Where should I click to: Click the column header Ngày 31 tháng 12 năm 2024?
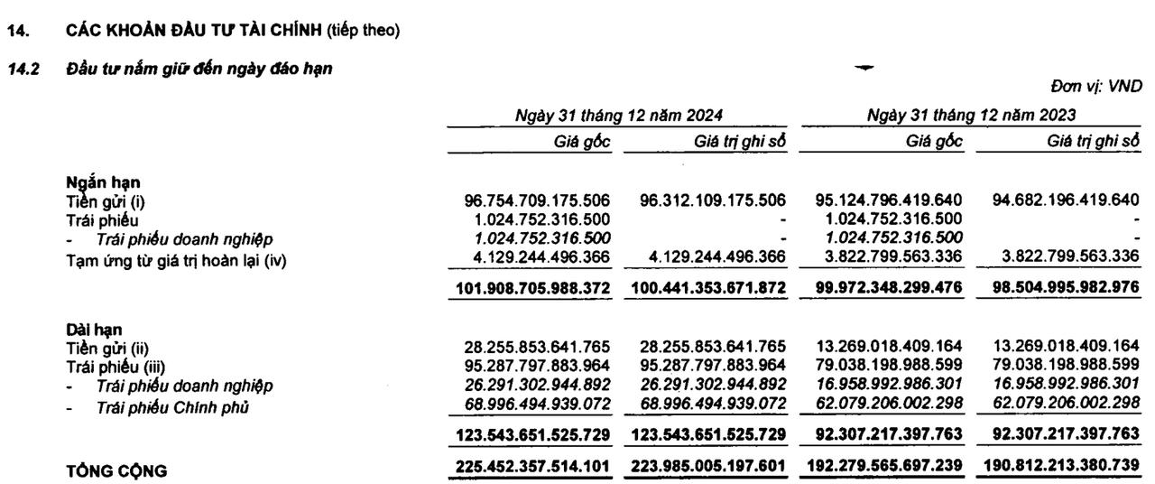pos(618,115)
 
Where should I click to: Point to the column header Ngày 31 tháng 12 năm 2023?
pos(970,115)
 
